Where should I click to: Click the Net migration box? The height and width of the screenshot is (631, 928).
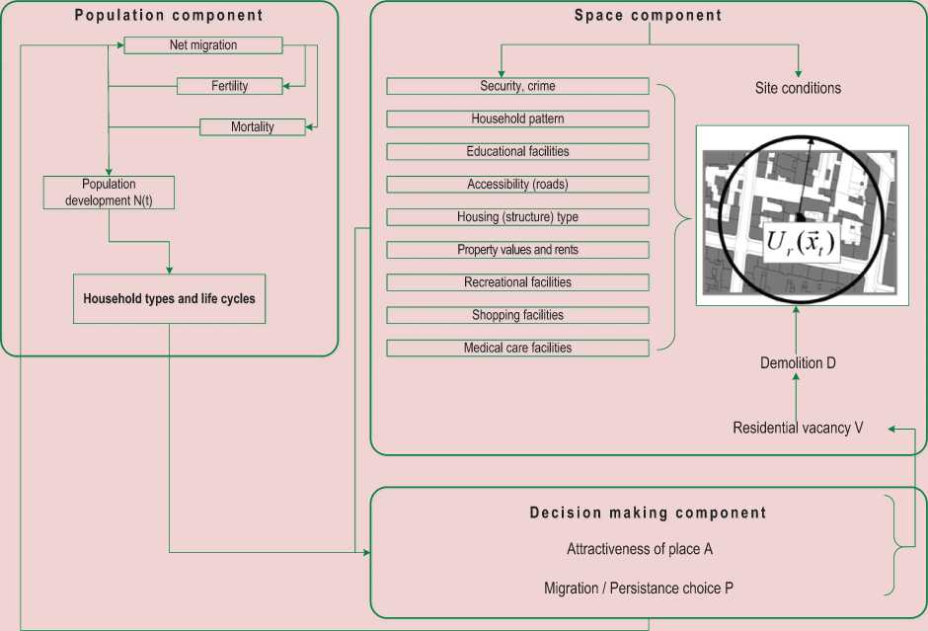[203, 45]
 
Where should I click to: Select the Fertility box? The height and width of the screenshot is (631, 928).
[230, 86]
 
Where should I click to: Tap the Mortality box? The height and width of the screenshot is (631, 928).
[253, 127]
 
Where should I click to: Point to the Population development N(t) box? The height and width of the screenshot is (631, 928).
[109, 192]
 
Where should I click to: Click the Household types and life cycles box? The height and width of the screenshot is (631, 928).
[169, 298]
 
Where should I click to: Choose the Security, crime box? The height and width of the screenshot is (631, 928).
[517, 87]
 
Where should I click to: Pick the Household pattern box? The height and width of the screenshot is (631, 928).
[517, 119]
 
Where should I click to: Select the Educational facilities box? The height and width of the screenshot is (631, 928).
[517, 152]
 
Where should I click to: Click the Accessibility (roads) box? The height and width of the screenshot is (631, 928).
[517, 185]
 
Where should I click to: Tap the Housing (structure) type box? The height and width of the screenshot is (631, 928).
[517, 217]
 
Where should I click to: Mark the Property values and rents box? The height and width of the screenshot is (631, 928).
[517, 250]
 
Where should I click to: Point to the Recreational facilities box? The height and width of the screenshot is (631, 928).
[517, 282]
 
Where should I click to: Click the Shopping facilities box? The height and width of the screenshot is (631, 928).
[517, 315]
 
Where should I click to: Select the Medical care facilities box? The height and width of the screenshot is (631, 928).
[517, 348]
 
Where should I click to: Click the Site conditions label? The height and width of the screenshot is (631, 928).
[798, 88]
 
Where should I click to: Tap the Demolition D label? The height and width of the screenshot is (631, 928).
[798, 363]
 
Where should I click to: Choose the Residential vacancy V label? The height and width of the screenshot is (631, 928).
[798, 428]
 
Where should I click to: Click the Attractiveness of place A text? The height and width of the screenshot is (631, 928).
[639, 549]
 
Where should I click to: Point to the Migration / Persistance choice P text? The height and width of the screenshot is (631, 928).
[639, 589]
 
